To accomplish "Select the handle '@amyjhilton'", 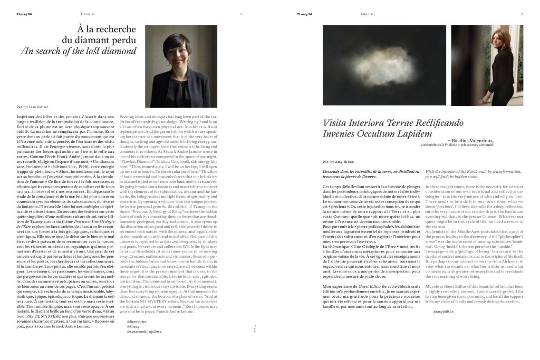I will (443, 312).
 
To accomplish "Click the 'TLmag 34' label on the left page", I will (24, 14).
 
